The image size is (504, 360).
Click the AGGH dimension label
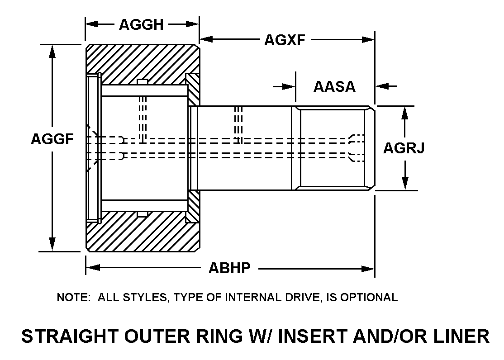pyautogui.click(x=141, y=24)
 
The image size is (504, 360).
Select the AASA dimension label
pyautogui.click(x=334, y=86)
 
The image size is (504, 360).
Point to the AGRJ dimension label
pyautogui.click(x=404, y=147)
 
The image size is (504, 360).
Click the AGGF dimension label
pyautogui.click(x=52, y=139)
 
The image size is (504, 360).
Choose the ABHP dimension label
pyautogui.click(x=229, y=268)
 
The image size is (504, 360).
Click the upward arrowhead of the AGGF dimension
pyautogui.click(x=52, y=51)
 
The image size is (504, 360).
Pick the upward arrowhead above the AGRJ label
pyautogui.click(x=405, y=112)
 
